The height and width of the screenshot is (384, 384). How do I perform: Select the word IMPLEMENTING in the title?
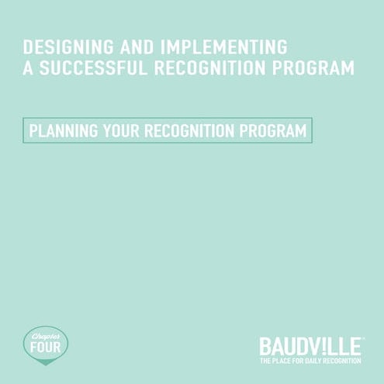(226, 46)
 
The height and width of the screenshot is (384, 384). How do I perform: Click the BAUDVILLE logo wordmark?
(310, 345)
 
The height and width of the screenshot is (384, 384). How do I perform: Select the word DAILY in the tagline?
(316, 362)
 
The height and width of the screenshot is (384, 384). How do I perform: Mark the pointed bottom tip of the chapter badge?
(44, 363)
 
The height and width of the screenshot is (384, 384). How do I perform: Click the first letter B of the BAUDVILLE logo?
(265, 345)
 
